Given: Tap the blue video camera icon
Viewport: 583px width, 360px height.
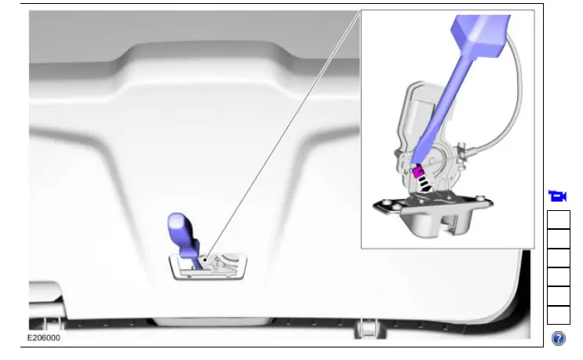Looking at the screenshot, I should [558, 196].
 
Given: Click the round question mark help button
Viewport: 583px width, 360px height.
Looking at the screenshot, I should [558, 338].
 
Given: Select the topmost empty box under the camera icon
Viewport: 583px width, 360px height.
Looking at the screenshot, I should [558, 220].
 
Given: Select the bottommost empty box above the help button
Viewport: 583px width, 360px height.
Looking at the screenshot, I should [558, 315].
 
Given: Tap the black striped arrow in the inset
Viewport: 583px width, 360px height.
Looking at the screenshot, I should [424, 185].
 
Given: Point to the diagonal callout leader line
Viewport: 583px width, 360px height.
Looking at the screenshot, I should [282, 133].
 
